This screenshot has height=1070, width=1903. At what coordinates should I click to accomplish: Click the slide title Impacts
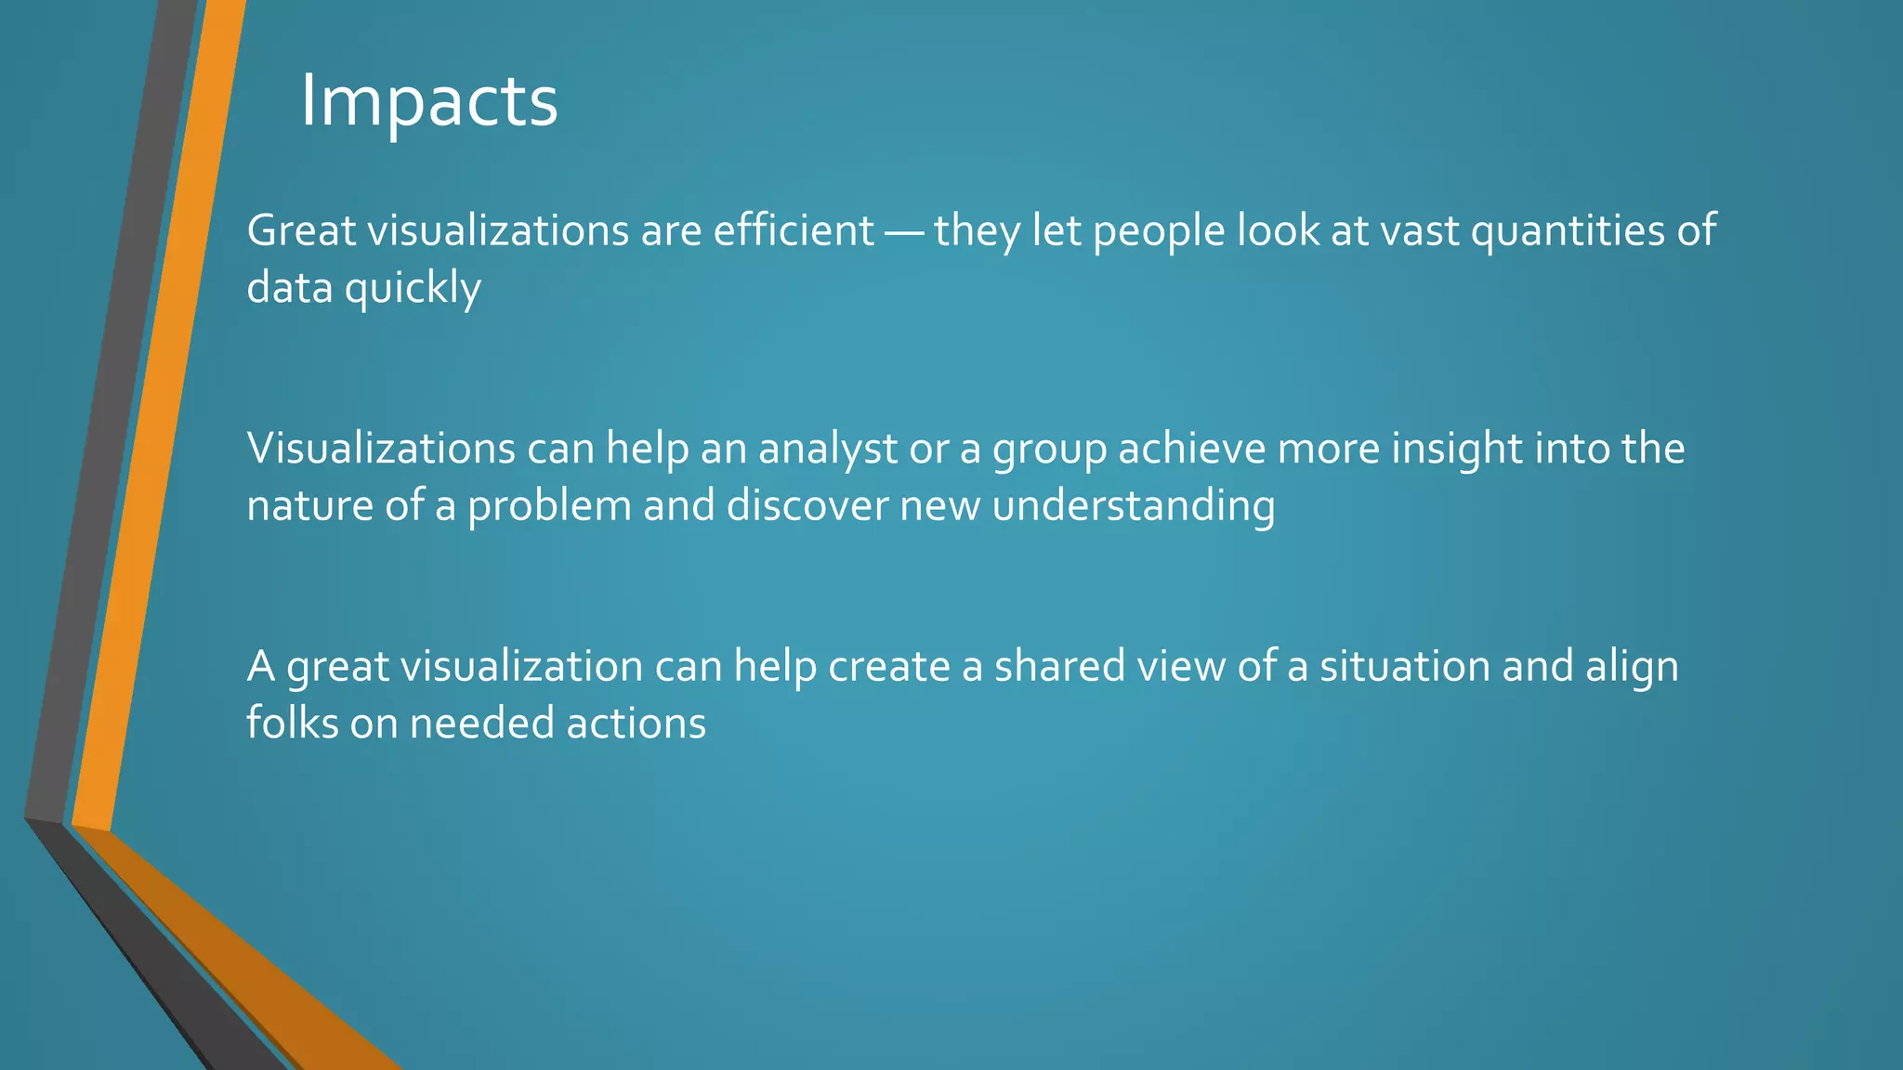click(x=428, y=102)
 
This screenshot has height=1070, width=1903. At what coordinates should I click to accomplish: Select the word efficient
click(x=794, y=230)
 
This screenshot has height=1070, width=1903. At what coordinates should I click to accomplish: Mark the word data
click(x=289, y=288)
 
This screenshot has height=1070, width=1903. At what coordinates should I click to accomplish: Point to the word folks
click(x=292, y=724)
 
